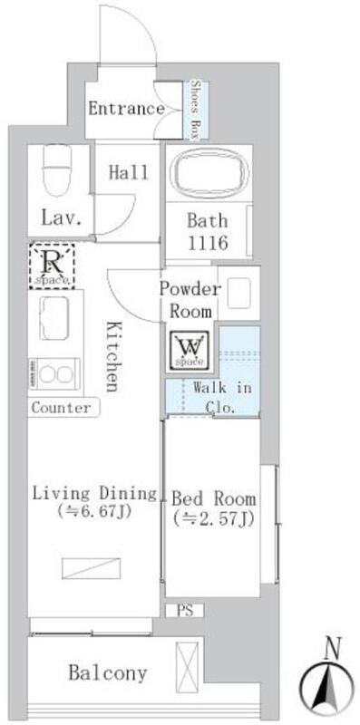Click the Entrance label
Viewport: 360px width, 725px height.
tap(126, 109)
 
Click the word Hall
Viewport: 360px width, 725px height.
tap(129, 172)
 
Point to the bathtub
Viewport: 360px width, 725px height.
tap(207, 173)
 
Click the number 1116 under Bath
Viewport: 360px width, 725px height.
tap(208, 242)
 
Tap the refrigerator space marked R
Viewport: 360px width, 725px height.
tap(52, 266)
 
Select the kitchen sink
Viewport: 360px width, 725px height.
tap(54, 318)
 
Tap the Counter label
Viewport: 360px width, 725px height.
tap(61, 409)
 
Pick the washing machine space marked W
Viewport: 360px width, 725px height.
tap(190, 350)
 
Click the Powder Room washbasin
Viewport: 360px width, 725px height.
tap(238, 292)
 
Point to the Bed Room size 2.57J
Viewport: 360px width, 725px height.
tap(213, 520)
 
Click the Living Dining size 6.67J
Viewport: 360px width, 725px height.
tap(94, 512)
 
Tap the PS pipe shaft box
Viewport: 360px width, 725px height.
tap(184, 610)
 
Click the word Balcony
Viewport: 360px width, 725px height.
tap(108, 672)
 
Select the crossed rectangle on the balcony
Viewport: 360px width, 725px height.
tap(187, 666)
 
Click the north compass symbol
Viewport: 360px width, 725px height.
tap(327, 683)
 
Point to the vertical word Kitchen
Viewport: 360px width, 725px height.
tap(111, 356)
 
